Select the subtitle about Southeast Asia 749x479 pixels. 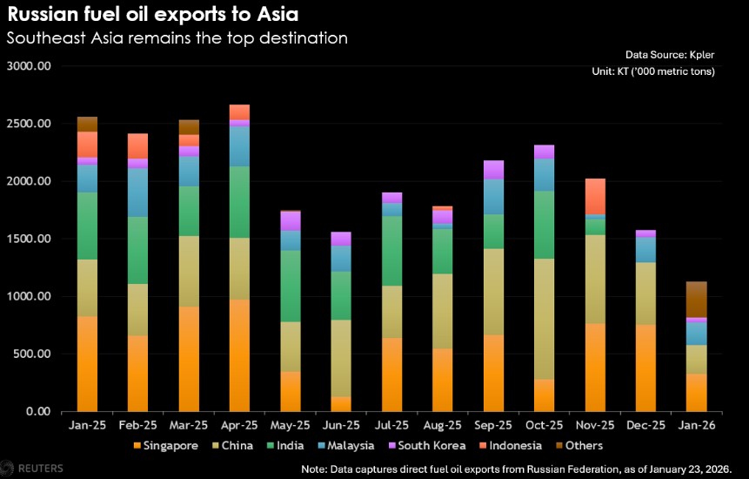177,38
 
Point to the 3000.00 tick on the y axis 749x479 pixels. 29,66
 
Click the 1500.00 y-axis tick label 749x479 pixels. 29,239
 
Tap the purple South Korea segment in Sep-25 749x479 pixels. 493,170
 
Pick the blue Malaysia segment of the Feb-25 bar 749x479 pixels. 137,192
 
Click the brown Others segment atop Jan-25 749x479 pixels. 87,125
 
